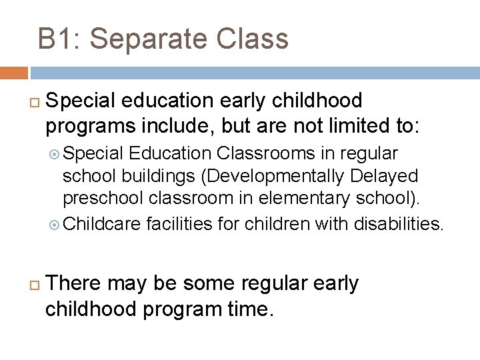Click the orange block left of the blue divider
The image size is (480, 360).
click(13, 73)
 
